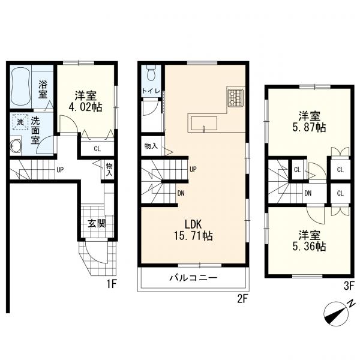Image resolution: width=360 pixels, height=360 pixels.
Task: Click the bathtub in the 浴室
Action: (20, 86)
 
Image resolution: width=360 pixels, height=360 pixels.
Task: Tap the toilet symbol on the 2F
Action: (151, 73)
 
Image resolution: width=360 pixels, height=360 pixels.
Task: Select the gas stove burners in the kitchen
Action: (235, 98)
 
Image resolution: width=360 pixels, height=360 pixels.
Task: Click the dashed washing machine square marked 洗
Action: (20, 122)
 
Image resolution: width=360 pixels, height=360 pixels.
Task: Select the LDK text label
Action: (193, 224)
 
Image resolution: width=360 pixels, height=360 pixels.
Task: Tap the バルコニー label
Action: (193, 278)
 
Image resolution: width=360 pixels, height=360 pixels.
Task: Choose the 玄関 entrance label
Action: (97, 223)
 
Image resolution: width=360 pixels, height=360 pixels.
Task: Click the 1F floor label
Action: (112, 284)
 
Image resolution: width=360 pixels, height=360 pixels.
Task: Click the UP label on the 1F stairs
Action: (60, 170)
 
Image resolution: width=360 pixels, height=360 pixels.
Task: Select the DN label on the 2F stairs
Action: (181, 193)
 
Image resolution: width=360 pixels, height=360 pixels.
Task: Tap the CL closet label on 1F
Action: (97, 149)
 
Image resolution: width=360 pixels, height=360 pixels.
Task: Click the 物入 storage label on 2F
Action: (151, 146)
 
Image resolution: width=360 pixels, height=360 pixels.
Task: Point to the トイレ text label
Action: (151, 91)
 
